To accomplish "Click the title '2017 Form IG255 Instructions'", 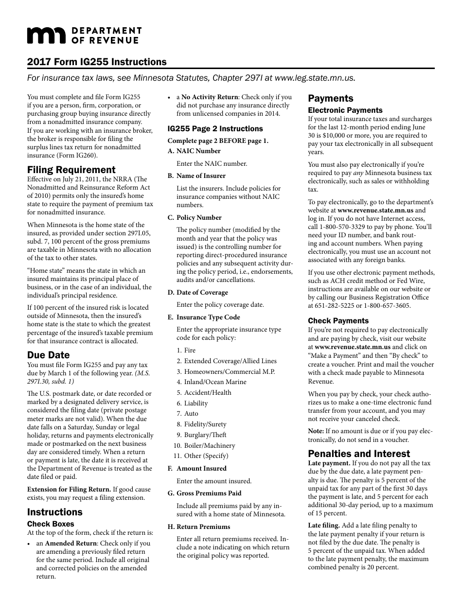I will tap(97, 62).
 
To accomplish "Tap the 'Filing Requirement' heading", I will tap(71, 170).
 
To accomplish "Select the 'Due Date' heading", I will tap(48, 355).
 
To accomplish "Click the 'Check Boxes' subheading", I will tap(51, 524).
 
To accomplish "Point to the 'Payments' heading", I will tap(330, 98).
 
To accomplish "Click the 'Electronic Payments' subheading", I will tap(345, 110).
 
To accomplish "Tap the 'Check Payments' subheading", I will tap(338, 321).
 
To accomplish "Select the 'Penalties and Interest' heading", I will tap(359, 454).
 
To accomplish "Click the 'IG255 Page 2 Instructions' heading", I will tap(215, 129).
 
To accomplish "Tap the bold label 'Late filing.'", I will tap(324, 525).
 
